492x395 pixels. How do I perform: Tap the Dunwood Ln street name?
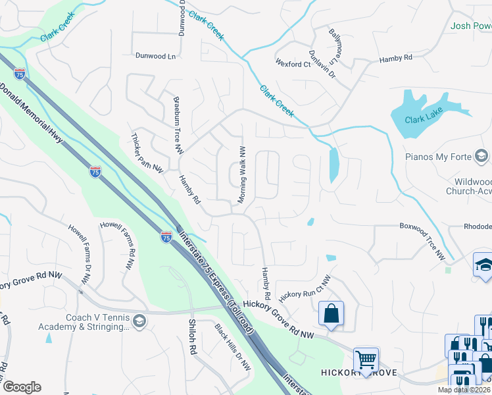[157, 57]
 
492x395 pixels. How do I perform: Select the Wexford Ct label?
[293, 64]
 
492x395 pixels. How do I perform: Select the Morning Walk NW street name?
[242, 174]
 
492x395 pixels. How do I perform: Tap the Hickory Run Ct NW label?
[305, 288]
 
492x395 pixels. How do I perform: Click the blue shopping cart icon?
[366, 359]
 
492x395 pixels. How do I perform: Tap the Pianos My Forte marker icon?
[481, 155]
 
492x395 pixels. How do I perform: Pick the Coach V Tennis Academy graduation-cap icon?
[139, 321]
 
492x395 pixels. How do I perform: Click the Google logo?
[22, 387]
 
